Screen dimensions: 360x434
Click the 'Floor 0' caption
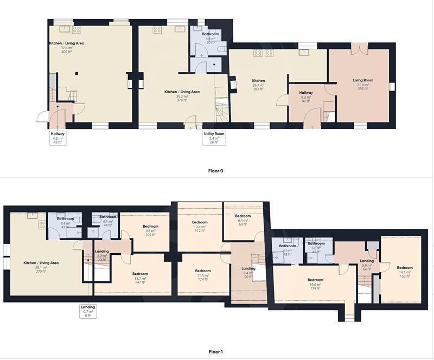coord(216,171)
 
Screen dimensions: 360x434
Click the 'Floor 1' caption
coord(216,352)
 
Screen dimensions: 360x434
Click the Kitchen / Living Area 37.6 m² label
coord(67,48)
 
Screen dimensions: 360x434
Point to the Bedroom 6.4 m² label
coord(242,220)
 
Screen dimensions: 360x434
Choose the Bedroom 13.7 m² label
coord(140,278)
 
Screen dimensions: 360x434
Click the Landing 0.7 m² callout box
coord(88,312)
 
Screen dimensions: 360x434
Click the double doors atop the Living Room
coord(356,49)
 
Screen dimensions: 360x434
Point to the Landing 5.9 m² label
coord(367,265)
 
